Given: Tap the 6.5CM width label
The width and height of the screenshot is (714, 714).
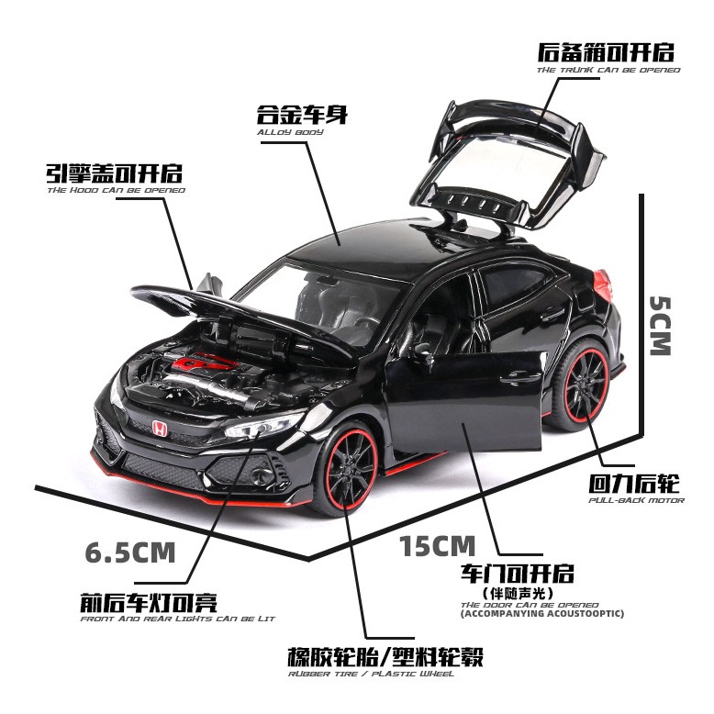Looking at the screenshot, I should [x=129, y=552].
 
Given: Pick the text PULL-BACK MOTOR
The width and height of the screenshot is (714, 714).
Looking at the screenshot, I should [x=636, y=500].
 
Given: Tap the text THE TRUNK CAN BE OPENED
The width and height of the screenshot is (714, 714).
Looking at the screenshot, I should [x=609, y=71].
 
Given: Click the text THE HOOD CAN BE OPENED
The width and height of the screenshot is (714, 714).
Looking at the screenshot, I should [x=116, y=190].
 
